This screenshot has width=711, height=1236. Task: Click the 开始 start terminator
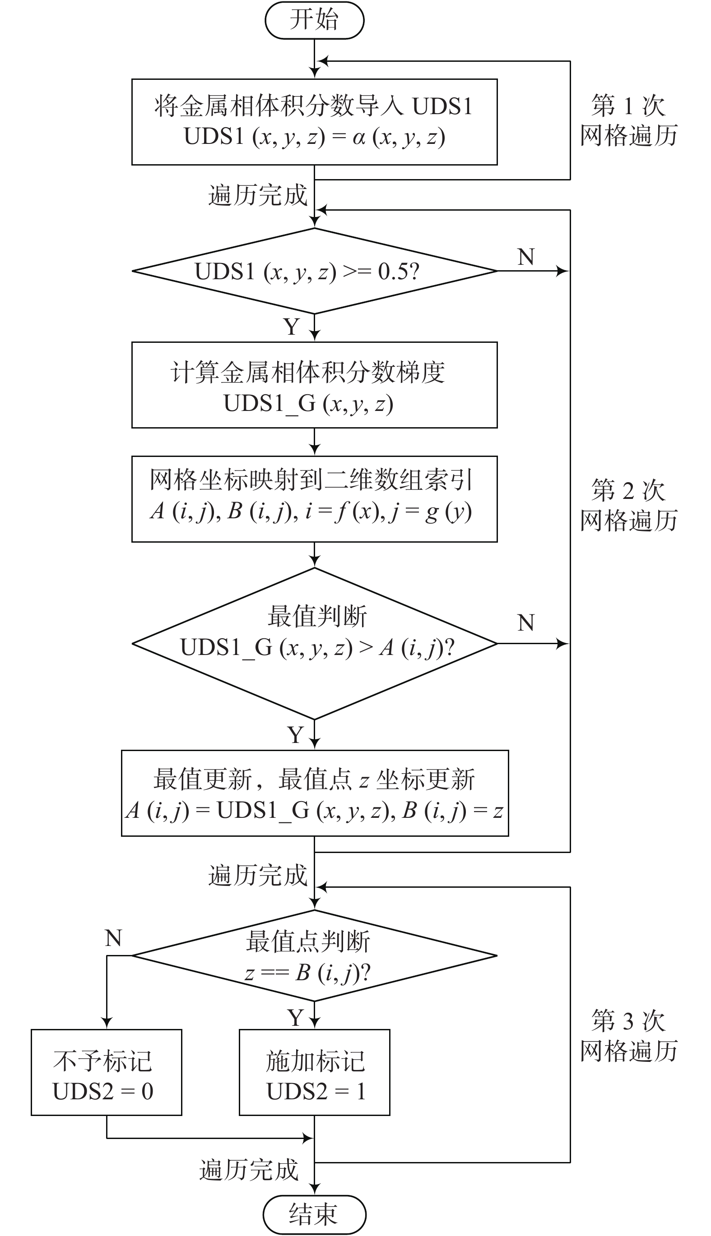(x=315, y=20)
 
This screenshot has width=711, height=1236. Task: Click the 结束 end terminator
(x=315, y=1214)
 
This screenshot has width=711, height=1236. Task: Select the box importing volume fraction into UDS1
(x=315, y=122)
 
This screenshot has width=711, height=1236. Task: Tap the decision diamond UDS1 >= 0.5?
(x=315, y=271)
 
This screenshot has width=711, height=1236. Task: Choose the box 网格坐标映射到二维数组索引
(x=315, y=499)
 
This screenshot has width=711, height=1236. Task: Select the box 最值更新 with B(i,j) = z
(x=315, y=793)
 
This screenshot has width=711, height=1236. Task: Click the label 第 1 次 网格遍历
(x=628, y=120)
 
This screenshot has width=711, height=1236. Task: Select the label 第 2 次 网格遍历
(x=628, y=505)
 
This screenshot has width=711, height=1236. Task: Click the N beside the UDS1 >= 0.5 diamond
(x=526, y=257)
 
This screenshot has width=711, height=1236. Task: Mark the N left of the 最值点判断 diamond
(x=113, y=938)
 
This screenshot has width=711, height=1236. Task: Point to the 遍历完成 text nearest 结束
(x=249, y=1170)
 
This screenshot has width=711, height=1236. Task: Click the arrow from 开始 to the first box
(x=315, y=59)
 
